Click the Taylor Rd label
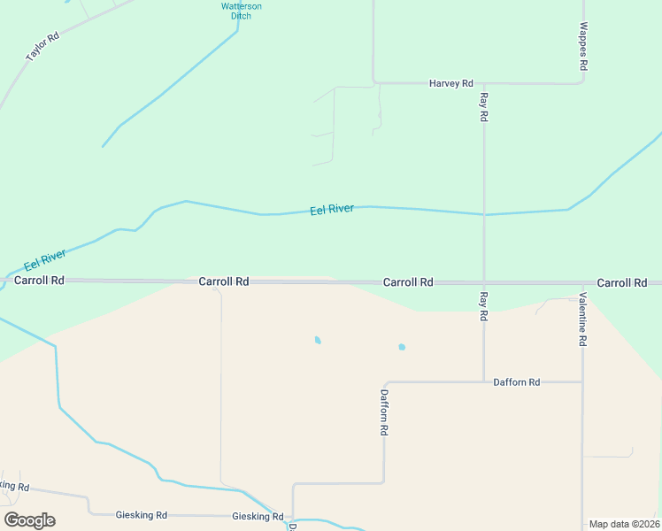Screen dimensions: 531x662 [42, 47]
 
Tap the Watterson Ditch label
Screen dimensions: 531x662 [241, 11]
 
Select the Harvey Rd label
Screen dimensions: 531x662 [451, 83]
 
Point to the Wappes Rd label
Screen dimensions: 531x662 [583, 48]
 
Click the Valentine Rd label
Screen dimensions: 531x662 [583, 319]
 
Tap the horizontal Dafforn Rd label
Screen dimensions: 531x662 [516, 382]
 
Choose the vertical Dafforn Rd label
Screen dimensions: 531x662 [384, 412]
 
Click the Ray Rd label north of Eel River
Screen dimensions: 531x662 [484, 106]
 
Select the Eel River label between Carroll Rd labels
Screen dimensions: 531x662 [332, 210]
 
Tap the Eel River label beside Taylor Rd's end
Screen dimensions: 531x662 [45, 259]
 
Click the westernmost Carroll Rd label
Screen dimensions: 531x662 [39, 280]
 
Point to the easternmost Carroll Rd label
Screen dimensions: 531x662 [621, 282]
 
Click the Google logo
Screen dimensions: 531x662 [29, 520]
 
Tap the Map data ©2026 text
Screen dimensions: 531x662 [624, 524]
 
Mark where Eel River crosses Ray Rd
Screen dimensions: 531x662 [484, 214]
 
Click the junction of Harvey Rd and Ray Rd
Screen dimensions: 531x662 [484, 83]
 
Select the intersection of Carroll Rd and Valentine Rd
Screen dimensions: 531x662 [582, 283]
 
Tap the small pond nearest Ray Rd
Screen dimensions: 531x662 [402, 347]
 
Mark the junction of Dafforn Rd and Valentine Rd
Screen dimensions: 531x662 [582, 382]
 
